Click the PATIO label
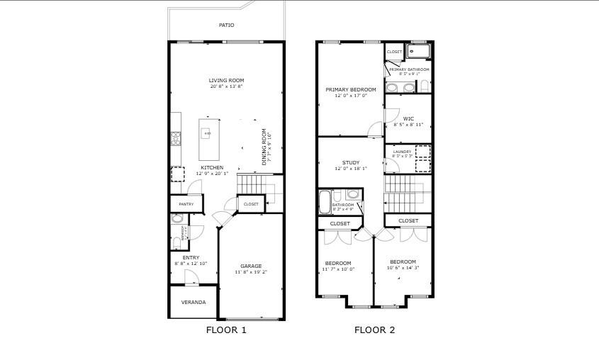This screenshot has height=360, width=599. pos(226,25)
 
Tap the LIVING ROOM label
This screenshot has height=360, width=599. pos(226,80)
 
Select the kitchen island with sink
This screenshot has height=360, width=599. pos(208,140)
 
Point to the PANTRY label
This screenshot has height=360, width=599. pos(186,204)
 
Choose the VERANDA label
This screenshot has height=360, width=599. pos(194,302)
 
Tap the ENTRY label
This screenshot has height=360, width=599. pos(191,257)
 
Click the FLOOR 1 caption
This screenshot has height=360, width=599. pos(226,330)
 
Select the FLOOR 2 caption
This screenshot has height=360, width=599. pos(374,330)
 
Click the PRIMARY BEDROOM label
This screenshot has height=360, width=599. pos(351,89)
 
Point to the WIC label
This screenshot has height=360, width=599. pos(408,118)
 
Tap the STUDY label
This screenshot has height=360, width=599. pos(351,163)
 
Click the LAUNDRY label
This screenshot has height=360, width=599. pos(397,151)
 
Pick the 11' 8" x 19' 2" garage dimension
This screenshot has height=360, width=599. pos(251,272)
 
